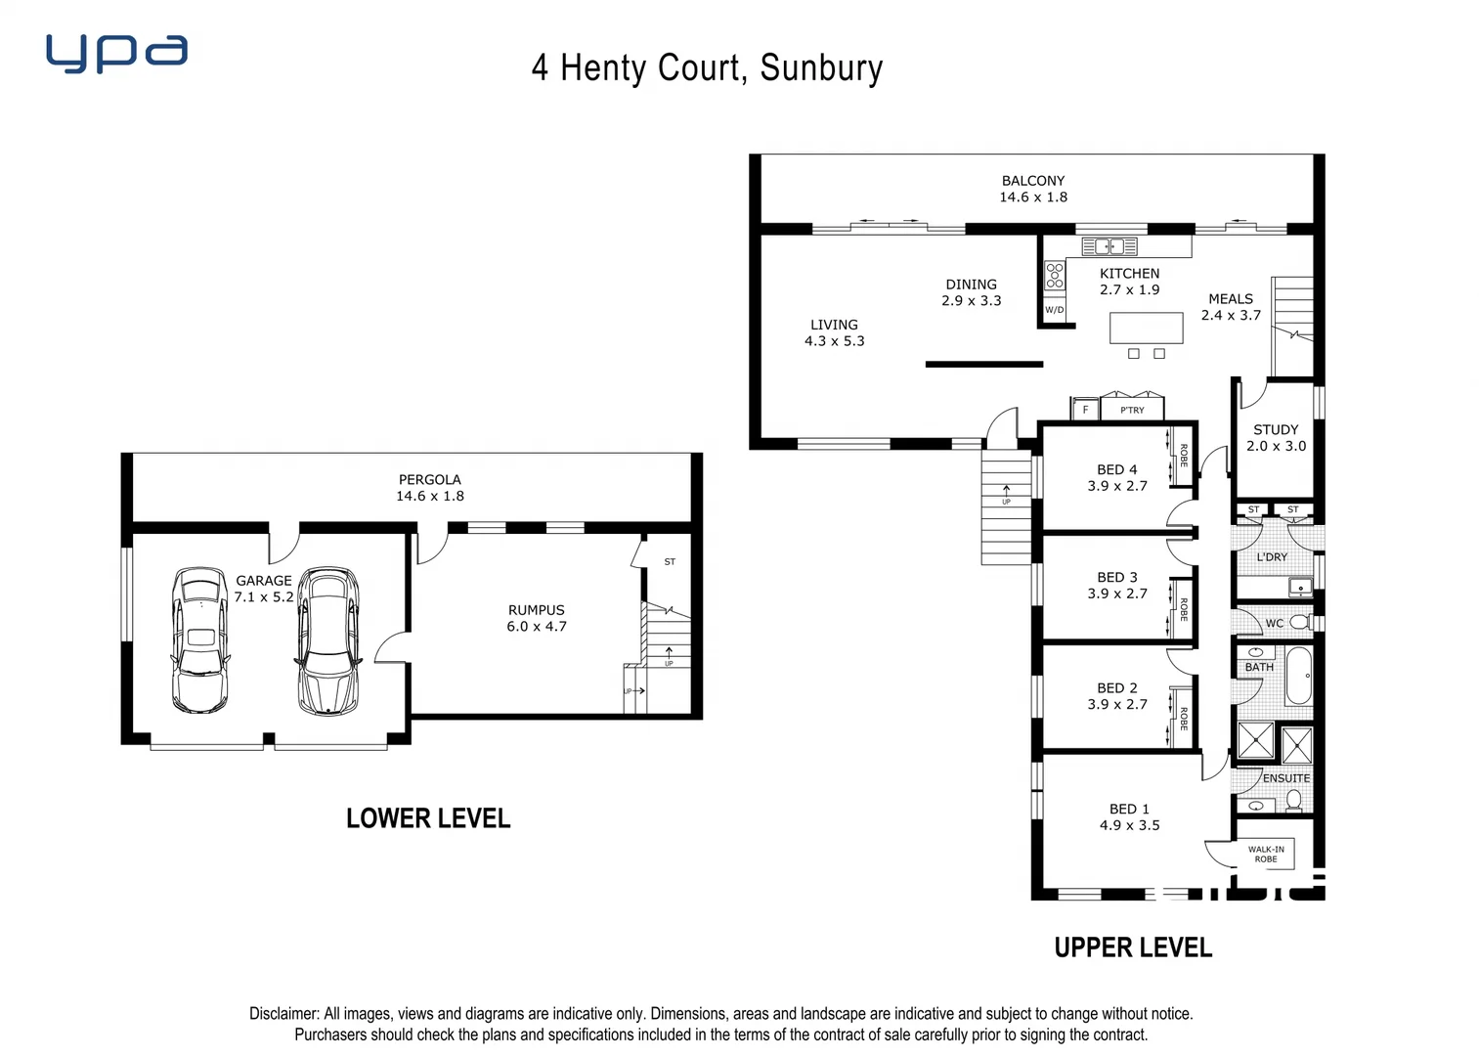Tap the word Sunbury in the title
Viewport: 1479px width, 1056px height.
click(821, 67)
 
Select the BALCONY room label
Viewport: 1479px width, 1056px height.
click(1032, 181)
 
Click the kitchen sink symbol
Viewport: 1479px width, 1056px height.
click(1109, 246)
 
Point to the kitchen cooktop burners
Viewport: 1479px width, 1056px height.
click(1054, 275)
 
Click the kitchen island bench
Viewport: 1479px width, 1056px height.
click(1146, 328)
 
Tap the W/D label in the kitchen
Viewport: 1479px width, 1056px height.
click(1054, 310)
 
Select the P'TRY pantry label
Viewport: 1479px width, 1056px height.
click(1132, 410)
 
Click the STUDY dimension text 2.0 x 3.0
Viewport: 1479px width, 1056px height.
click(1276, 446)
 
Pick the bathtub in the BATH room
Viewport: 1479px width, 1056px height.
click(1298, 676)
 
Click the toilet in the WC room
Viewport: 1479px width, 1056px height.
click(1299, 622)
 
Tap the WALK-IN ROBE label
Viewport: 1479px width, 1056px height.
click(1266, 854)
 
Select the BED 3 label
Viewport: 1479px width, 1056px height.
click(1117, 578)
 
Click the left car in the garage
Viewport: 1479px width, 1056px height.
click(200, 639)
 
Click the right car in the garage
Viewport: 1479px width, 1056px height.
click(327, 639)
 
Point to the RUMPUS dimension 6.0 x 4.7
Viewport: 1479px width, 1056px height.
click(537, 627)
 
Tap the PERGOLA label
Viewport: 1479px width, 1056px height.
click(429, 480)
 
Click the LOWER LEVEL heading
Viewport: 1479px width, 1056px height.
click(428, 818)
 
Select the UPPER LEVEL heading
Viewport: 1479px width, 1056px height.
click(1133, 947)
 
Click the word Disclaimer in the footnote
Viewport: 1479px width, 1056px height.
click(283, 1014)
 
